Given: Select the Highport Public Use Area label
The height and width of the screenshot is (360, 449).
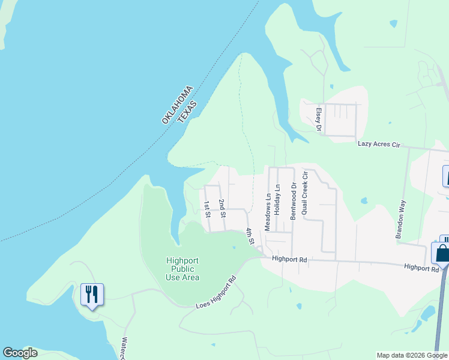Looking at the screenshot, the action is click(x=182, y=269).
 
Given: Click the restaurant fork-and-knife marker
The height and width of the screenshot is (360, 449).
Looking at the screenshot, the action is click(x=92, y=295).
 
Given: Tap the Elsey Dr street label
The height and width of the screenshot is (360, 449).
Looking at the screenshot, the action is click(x=319, y=119).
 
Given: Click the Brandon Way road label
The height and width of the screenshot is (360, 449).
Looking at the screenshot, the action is click(x=400, y=220).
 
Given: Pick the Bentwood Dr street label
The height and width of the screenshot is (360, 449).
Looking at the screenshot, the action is click(x=294, y=202).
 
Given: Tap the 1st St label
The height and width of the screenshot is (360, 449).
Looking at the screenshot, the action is click(x=206, y=208).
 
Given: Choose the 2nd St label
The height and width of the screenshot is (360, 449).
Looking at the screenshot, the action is click(x=222, y=208).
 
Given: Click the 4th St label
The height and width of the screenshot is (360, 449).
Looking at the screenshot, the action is click(x=250, y=236).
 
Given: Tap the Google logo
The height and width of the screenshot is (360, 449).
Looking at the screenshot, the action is click(x=20, y=353).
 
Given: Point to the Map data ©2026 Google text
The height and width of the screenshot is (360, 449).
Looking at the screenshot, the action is click(x=411, y=355).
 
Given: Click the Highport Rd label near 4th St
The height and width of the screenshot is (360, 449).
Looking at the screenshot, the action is click(x=289, y=259).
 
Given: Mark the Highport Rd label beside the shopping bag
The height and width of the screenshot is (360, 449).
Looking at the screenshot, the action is click(x=422, y=268).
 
